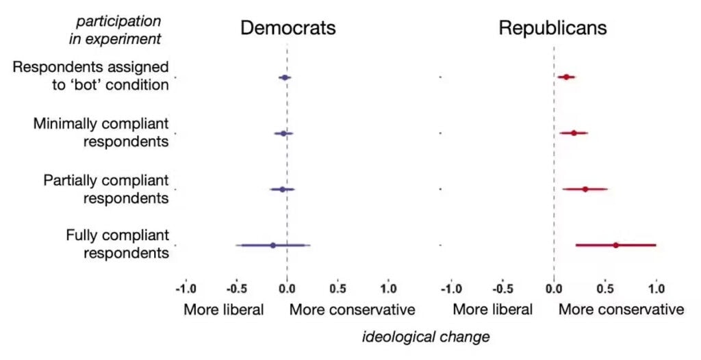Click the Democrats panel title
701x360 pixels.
(288, 28)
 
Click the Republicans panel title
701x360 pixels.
(552, 28)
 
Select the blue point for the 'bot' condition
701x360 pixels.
(284, 78)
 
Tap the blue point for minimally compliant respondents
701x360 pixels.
(283, 133)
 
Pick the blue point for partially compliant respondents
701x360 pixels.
(282, 189)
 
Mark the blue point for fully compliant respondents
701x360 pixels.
(272, 244)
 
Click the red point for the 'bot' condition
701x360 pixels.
(566, 77)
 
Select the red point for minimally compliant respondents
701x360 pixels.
(574, 133)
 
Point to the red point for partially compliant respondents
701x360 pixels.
(585, 189)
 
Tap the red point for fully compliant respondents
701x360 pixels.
(615, 244)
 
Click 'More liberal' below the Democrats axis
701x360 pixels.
(223, 309)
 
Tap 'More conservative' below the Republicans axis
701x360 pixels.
(621, 309)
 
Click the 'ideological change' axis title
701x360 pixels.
(425, 337)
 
